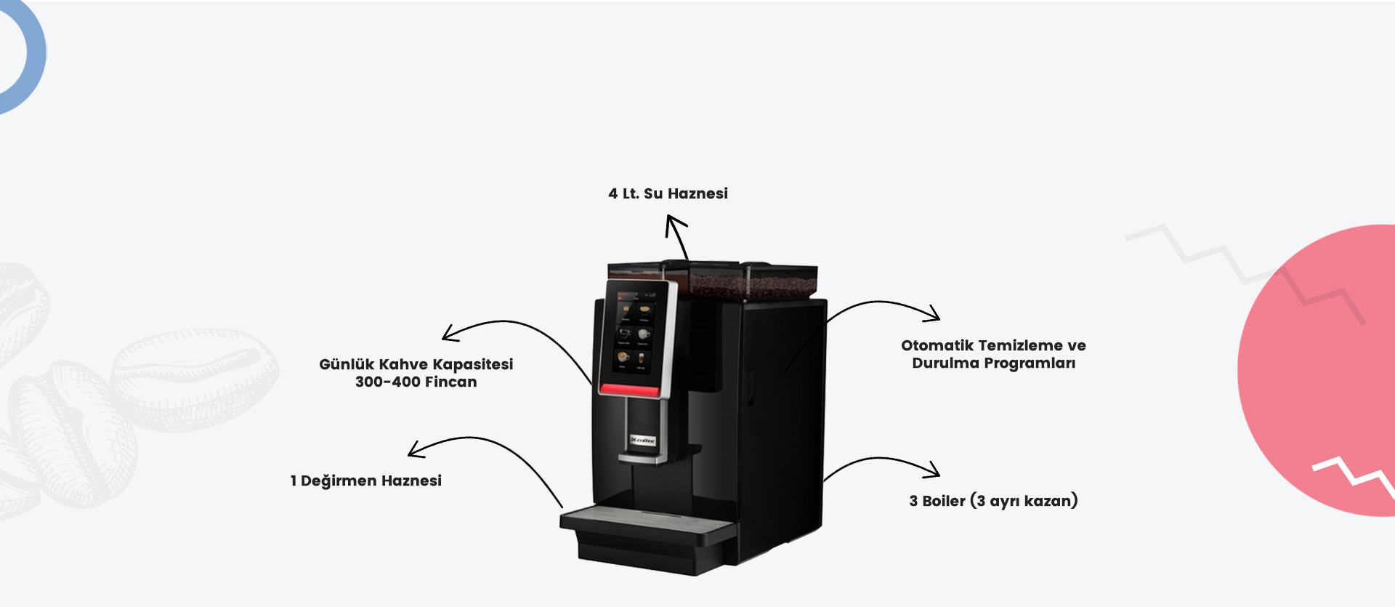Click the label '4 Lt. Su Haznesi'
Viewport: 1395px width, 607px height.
click(668, 193)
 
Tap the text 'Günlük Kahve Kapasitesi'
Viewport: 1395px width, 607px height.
click(416, 364)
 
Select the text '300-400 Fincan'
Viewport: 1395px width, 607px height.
click(416, 382)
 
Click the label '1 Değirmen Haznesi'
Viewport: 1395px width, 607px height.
click(365, 481)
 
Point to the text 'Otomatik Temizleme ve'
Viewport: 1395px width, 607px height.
click(993, 345)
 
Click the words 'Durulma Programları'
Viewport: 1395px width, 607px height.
click(993, 363)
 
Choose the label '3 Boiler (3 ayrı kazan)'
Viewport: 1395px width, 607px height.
click(993, 501)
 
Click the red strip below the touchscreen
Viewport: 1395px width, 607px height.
click(629, 390)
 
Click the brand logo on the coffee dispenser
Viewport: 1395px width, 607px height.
click(643, 441)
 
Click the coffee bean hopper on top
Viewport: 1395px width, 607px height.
click(752, 280)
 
